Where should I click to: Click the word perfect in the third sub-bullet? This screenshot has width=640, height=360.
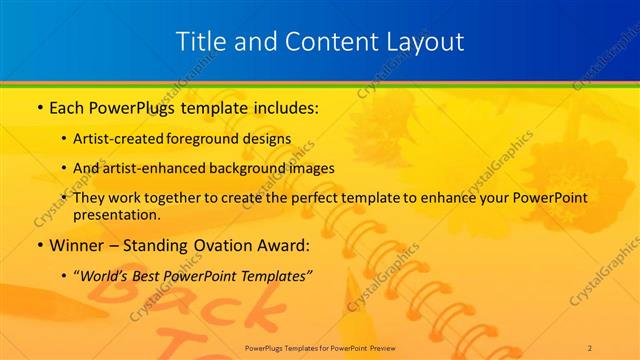(293, 198)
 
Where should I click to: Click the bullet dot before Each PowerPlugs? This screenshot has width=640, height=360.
(38, 105)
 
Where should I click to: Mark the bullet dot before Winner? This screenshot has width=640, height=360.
(38, 244)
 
